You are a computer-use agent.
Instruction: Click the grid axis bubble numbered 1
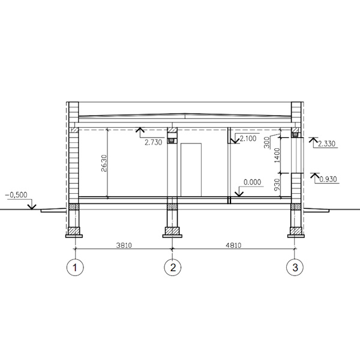click(75, 267)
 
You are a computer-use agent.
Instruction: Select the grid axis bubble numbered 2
click(173, 267)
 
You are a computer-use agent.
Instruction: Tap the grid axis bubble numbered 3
click(295, 267)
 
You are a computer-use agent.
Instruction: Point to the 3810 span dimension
click(124, 245)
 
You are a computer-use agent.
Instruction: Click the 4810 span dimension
click(233, 245)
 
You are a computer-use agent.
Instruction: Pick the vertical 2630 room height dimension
click(104, 163)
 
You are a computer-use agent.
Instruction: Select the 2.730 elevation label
click(154, 142)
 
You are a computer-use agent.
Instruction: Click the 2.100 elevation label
click(248, 139)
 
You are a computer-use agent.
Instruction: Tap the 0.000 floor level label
click(253, 182)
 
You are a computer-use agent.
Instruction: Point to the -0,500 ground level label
click(16, 195)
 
